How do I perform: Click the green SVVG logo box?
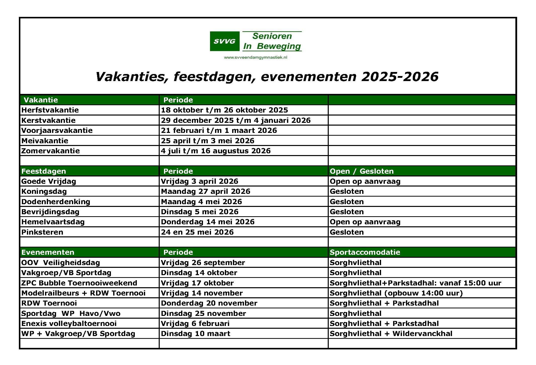224,41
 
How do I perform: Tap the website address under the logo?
255,58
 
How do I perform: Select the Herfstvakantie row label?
50,110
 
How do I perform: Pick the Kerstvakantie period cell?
236,120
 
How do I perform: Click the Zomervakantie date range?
216,151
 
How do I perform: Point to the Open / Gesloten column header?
361,171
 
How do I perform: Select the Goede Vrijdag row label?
49,181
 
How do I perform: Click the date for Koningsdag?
205,191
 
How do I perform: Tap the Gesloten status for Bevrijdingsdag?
347,212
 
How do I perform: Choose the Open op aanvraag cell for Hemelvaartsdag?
365,222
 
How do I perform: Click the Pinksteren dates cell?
197,232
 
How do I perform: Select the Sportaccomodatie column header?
365,252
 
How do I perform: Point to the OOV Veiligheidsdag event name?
61,263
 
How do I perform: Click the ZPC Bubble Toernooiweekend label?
79,283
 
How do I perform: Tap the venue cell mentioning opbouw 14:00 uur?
396,293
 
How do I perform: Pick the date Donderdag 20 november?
209,303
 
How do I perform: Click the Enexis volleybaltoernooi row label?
69,323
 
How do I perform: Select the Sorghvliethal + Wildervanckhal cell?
391,334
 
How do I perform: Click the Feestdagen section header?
44,171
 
